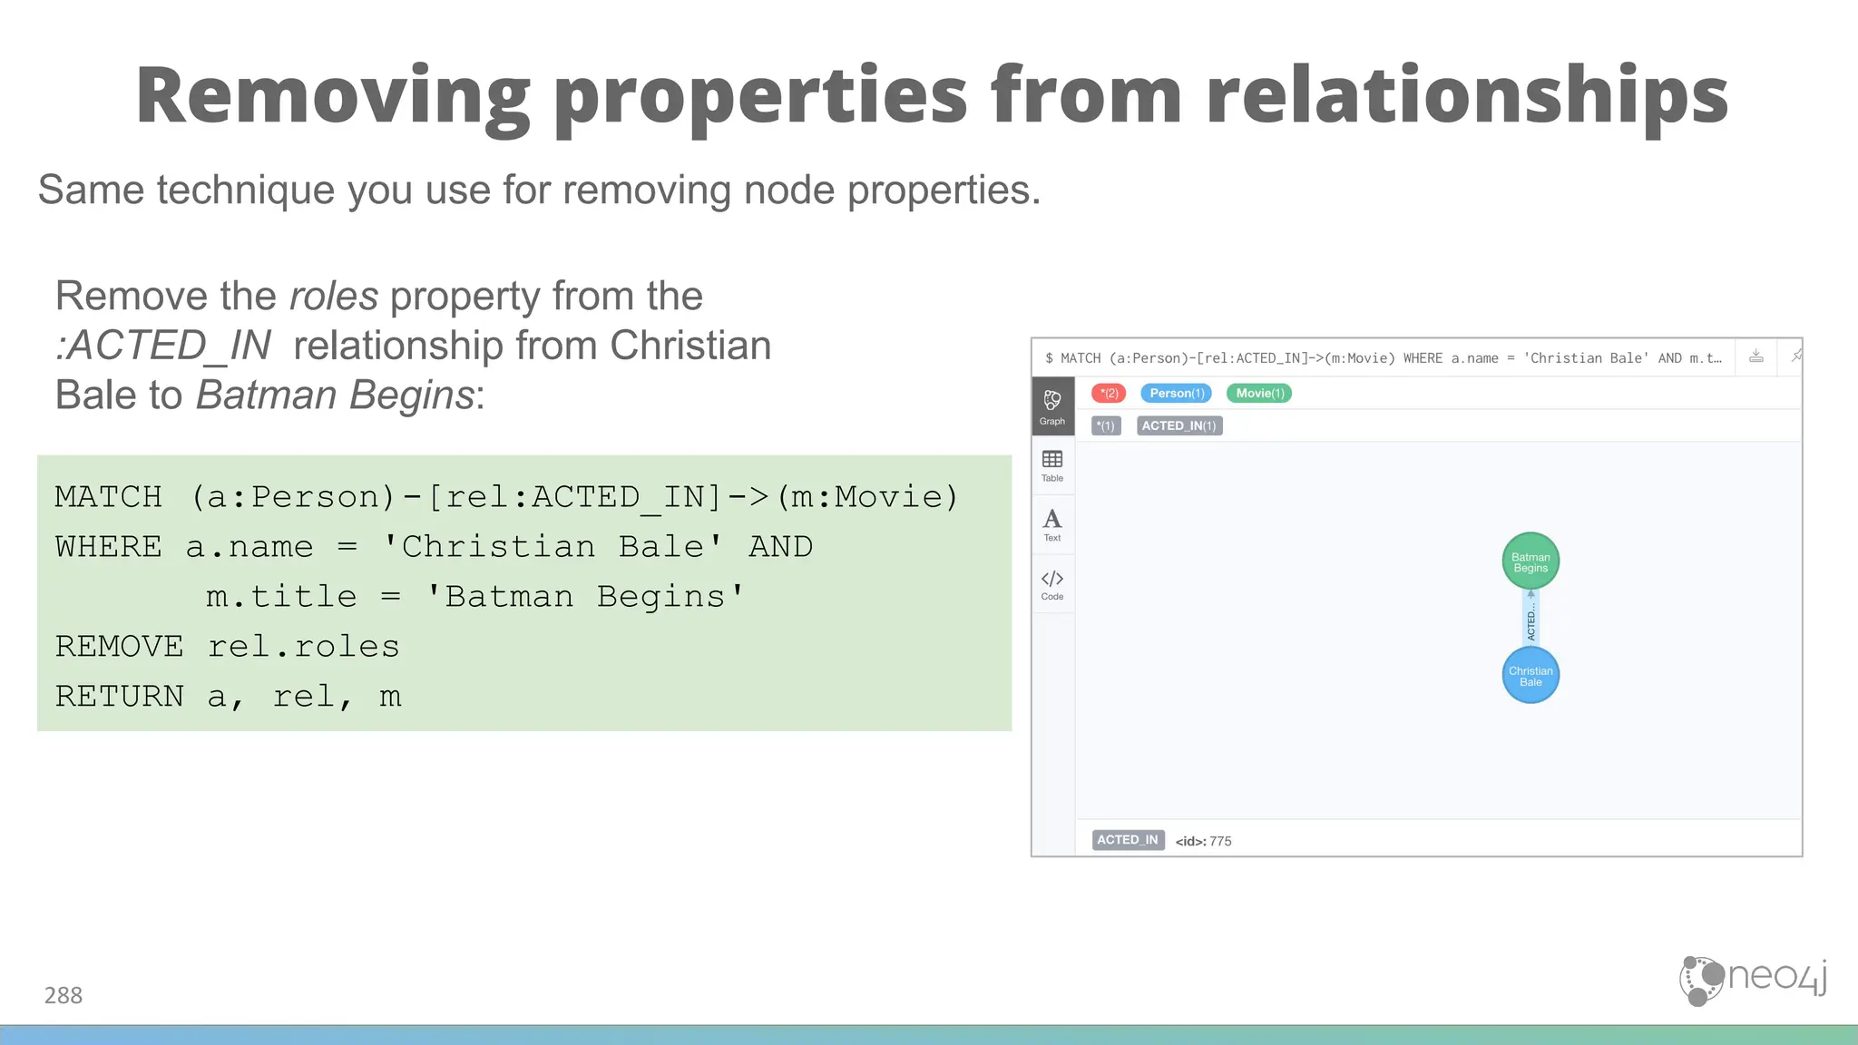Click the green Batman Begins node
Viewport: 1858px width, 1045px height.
tap(1530, 562)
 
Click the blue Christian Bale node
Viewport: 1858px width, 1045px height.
tap(1530, 676)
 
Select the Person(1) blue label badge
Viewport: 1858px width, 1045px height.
tap(1177, 393)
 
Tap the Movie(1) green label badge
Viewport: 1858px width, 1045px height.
tap(1259, 393)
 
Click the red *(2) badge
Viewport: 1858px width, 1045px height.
tap(1109, 393)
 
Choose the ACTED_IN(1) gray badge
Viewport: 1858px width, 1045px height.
tap(1178, 425)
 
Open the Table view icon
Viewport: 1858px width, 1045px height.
tap(1052, 465)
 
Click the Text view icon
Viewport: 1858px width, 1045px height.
tap(1052, 524)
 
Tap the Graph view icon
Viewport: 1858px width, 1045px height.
tap(1052, 406)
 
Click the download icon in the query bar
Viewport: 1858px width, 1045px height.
tap(1756, 356)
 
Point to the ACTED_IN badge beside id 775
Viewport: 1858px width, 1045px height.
tap(1128, 840)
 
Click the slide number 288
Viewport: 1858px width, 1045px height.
tap(64, 995)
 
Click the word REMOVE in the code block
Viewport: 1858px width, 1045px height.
tap(119, 646)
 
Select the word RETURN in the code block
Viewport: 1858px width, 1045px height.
tap(119, 696)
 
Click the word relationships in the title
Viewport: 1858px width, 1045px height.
tap(1467, 95)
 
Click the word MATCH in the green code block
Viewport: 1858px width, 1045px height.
tap(108, 496)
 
